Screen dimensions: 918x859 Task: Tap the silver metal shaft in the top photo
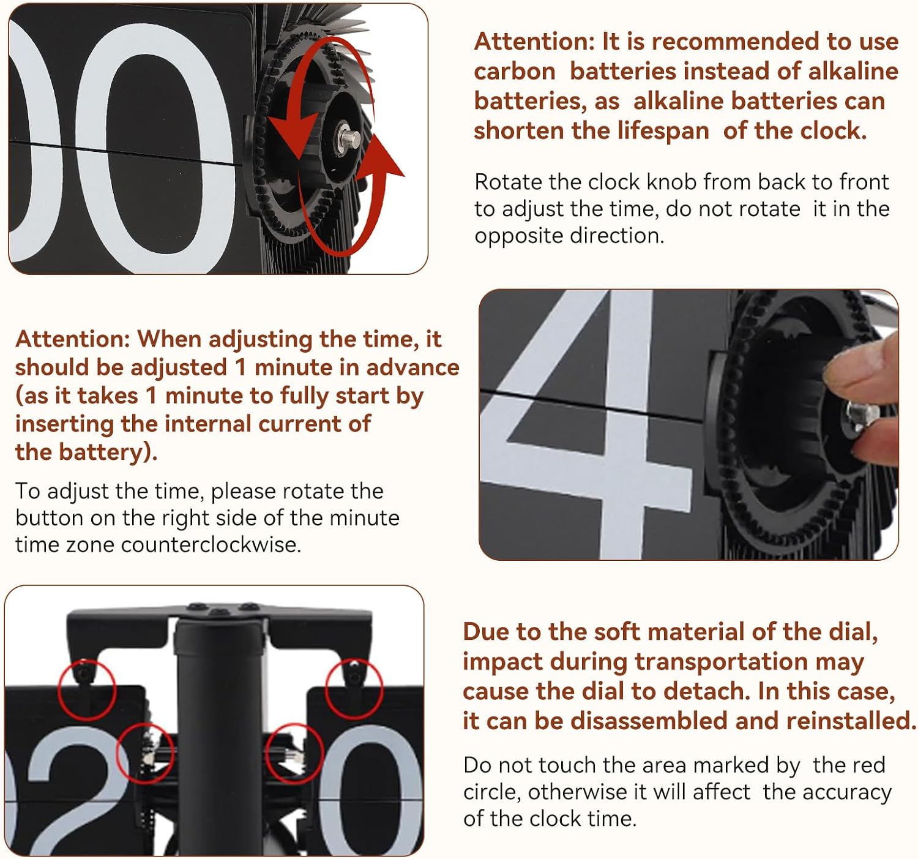click(349, 138)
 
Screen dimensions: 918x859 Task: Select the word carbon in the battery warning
click(515, 72)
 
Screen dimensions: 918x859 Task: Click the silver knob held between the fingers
click(862, 413)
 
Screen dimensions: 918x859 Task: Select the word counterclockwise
click(211, 544)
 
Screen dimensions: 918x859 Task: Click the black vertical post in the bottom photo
click(220, 740)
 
